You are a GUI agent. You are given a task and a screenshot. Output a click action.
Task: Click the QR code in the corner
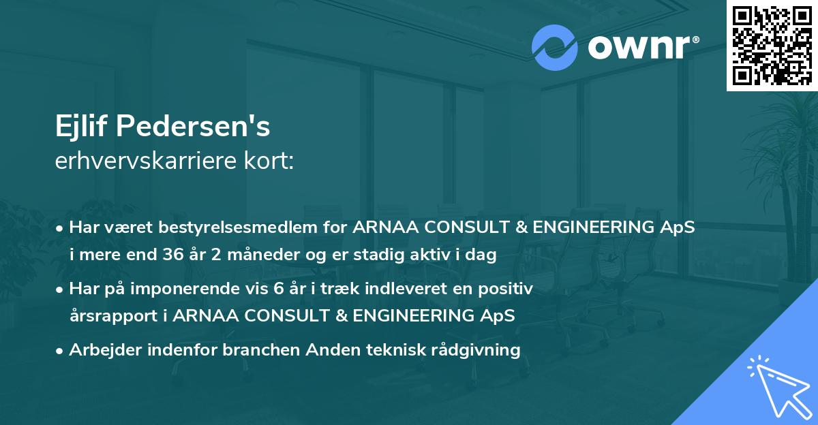point(772,45)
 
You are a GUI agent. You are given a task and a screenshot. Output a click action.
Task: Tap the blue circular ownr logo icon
point(554,48)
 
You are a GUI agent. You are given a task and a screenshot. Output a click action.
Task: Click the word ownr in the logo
point(639,47)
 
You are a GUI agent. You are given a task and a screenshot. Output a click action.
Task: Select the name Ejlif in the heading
point(84,127)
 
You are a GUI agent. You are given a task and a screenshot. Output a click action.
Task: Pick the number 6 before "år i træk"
point(277,289)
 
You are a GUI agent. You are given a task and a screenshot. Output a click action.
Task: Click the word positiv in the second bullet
point(507,289)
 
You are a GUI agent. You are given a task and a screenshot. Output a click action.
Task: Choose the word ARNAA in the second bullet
point(202,316)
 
